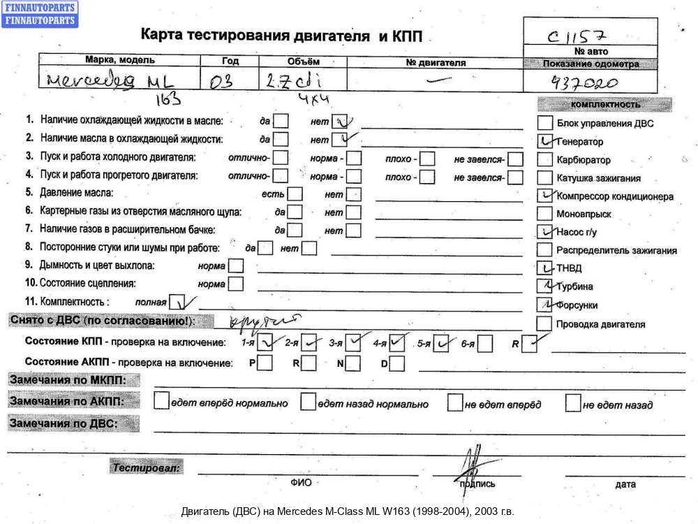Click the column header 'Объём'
pyautogui.click(x=302, y=61)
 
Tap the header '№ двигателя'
pyautogui.click(x=435, y=62)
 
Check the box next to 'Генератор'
pyautogui.click(x=546, y=141)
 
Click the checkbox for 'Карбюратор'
pyautogui.click(x=546, y=159)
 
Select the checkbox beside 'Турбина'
pyautogui.click(x=546, y=286)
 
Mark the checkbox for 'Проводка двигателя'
pyautogui.click(x=546, y=323)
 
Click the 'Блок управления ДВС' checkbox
pyautogui.click(x=546, y=123)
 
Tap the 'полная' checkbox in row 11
pyautogui.click(x=179, y=303)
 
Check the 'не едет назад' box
pyautogui.click(x=573, y=403)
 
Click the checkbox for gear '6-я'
pyautogui.click(x=486, y=344)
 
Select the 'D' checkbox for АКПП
pyautogui.click(x=397, y=363)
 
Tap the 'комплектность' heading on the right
pyautogui.click(x=604, y=104)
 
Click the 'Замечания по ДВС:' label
pyautogui.click(x=63, y=423)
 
